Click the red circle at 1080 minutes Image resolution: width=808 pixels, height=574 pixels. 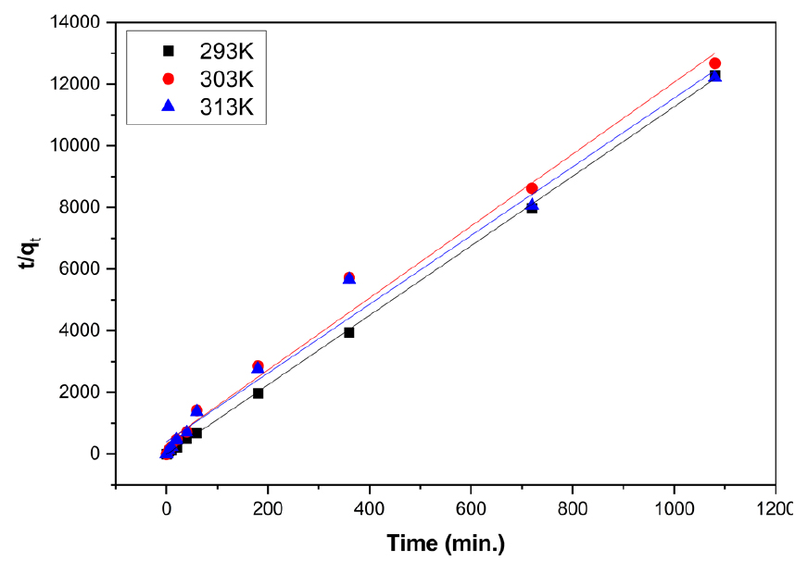tap(714, 64)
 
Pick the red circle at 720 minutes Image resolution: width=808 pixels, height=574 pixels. tap(532, 189)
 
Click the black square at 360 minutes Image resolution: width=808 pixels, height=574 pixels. tap(349, 332)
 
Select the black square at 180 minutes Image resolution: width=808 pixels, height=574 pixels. tap(258, 393)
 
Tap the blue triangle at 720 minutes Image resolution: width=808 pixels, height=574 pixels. tap(532, 205)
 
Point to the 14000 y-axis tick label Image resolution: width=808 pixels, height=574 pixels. tap(80, 22)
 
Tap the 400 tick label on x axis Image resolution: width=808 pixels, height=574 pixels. tap(370, 509)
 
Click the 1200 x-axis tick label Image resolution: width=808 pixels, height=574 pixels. tap(775, 509)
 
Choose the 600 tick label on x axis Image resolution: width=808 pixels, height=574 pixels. tap(471, 509)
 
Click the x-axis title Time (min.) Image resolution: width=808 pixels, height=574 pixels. tap(445, 543)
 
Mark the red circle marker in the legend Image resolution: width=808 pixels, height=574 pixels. tap(168, 79)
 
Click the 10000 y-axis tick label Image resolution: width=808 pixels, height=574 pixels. tap(80, 145)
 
